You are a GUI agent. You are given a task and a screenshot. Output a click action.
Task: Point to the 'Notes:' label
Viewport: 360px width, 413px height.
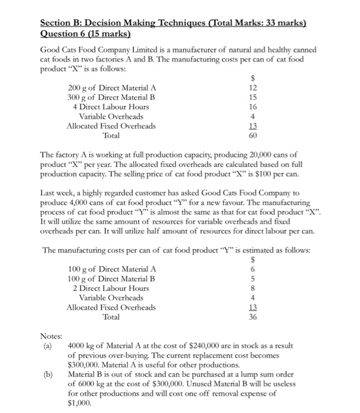click(x=51, y=336)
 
